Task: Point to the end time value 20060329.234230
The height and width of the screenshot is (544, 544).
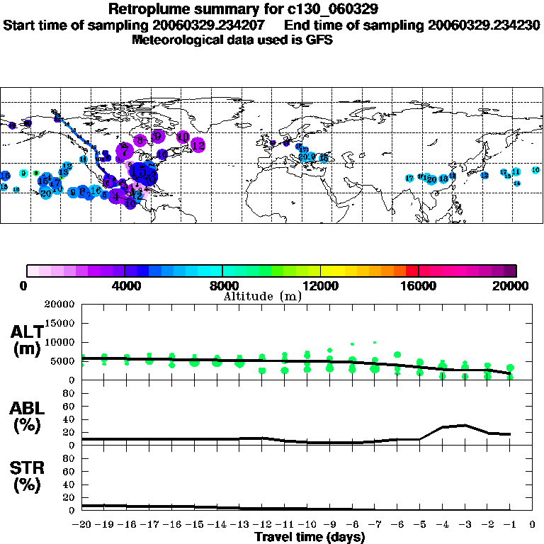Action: tap(484, 25)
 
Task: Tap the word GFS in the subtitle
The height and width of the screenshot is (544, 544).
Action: tap(319, 40)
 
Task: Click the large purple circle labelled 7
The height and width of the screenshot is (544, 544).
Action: tap(125, 150)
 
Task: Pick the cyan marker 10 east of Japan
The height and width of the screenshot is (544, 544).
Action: tap(535, 170)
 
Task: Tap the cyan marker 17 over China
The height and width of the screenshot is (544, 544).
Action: tap(409, 178)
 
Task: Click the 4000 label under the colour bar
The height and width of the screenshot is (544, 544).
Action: tap(125, 286)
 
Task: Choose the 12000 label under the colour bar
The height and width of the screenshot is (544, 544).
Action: tap(321, 286)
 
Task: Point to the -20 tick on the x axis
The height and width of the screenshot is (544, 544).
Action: tap(82, 525)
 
